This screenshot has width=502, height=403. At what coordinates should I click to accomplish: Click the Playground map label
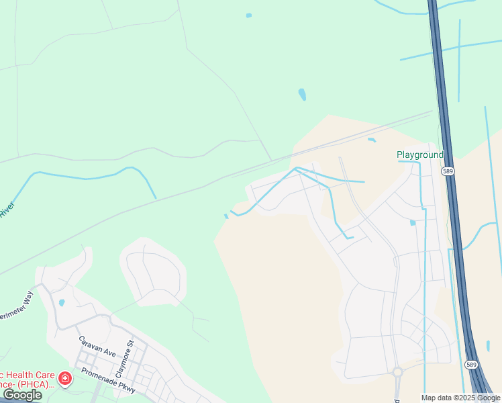(x=419, y=154)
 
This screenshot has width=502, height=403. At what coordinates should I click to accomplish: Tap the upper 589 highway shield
(x=448, y=172)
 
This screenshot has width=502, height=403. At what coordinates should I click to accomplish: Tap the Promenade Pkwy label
(x=108, y=380)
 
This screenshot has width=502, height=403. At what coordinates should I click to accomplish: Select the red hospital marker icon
(x=65, y=379)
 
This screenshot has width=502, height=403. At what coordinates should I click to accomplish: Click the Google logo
(x=23, y=394)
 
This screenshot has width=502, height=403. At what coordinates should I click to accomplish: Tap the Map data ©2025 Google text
(x=461, y=398)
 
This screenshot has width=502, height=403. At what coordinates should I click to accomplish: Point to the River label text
(x=7, y=210)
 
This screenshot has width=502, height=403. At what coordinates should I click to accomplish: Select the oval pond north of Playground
(x=302, y=94)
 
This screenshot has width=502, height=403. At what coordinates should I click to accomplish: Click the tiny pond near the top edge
(x=249, y=15)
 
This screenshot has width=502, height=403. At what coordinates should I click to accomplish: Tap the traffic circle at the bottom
(x=397, y=371)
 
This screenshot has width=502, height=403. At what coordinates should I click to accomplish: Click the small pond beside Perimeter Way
(x=62, y=303)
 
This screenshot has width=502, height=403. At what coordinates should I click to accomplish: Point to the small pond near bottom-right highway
(x=488, y=346)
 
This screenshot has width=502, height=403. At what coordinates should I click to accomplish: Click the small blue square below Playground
(x=413, y=222)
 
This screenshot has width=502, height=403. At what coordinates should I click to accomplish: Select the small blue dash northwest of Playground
(x=372, y=140)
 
